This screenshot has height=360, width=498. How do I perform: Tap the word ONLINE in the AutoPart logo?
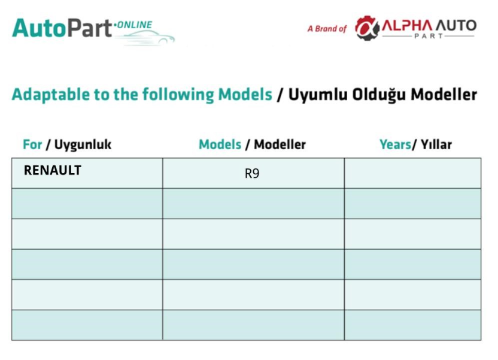click(135, 25)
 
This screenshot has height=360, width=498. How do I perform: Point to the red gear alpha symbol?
click(367, 28)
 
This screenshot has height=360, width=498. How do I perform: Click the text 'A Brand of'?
click(327, 29)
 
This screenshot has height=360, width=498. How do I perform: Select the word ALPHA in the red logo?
click(407, 25)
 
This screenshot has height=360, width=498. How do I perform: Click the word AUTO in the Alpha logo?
click(456, 25)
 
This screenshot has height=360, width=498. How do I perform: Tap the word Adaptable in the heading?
click(50, 95)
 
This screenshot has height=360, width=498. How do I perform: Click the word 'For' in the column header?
click(32, 144)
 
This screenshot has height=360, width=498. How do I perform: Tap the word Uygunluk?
click(83, 145)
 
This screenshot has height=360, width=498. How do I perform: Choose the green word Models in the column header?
click(220, 144)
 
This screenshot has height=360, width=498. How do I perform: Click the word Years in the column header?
click(396, 144)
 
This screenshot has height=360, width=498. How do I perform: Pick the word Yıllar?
click(436, 144)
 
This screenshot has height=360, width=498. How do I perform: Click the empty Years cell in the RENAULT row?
click(412, 173)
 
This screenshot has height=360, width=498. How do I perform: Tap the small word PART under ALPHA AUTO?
click(429, 36)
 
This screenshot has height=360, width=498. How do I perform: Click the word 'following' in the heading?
click(178, 95)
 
